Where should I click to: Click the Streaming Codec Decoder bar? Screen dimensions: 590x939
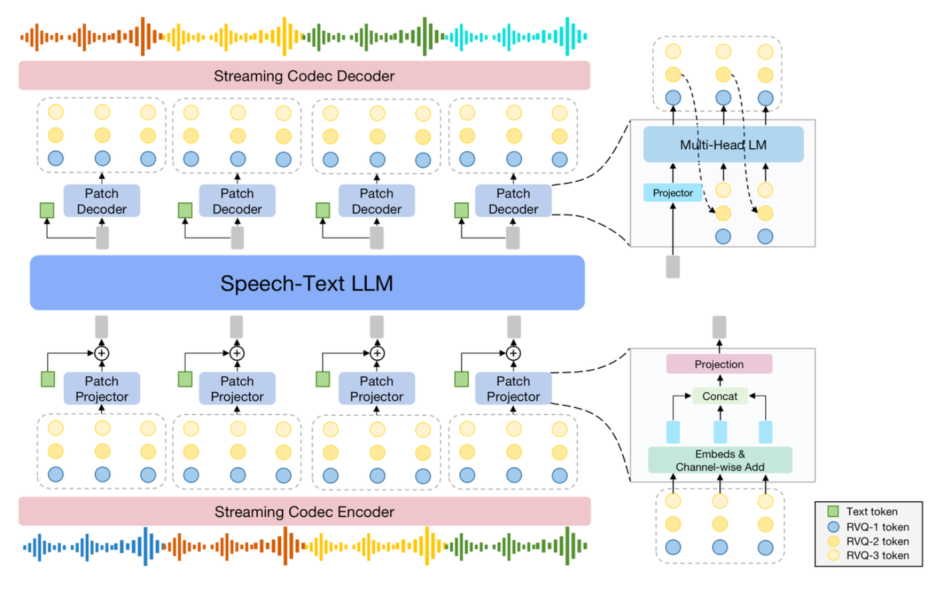304,76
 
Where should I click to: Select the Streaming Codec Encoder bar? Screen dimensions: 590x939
304,512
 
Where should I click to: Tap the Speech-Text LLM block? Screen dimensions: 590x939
307,283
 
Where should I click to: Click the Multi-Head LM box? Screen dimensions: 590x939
723,145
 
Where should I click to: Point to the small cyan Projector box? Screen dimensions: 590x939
673,193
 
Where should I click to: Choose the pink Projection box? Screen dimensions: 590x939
719,364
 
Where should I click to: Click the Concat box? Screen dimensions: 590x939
719,396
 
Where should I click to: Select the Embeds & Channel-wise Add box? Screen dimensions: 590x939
719,461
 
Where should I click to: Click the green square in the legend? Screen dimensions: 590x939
833,512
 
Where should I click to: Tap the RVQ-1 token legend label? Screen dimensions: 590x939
877,527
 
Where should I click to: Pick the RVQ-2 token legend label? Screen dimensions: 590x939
877,541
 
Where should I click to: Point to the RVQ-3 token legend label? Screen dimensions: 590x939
877,555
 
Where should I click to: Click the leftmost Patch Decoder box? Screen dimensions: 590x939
102,201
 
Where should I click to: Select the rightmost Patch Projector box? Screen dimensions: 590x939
513,388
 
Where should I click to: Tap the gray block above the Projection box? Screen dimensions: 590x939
719,327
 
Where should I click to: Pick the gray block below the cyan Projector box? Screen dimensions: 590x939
673,266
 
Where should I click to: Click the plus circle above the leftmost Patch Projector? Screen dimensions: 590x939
102,353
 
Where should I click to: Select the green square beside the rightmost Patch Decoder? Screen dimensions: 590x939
461,210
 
